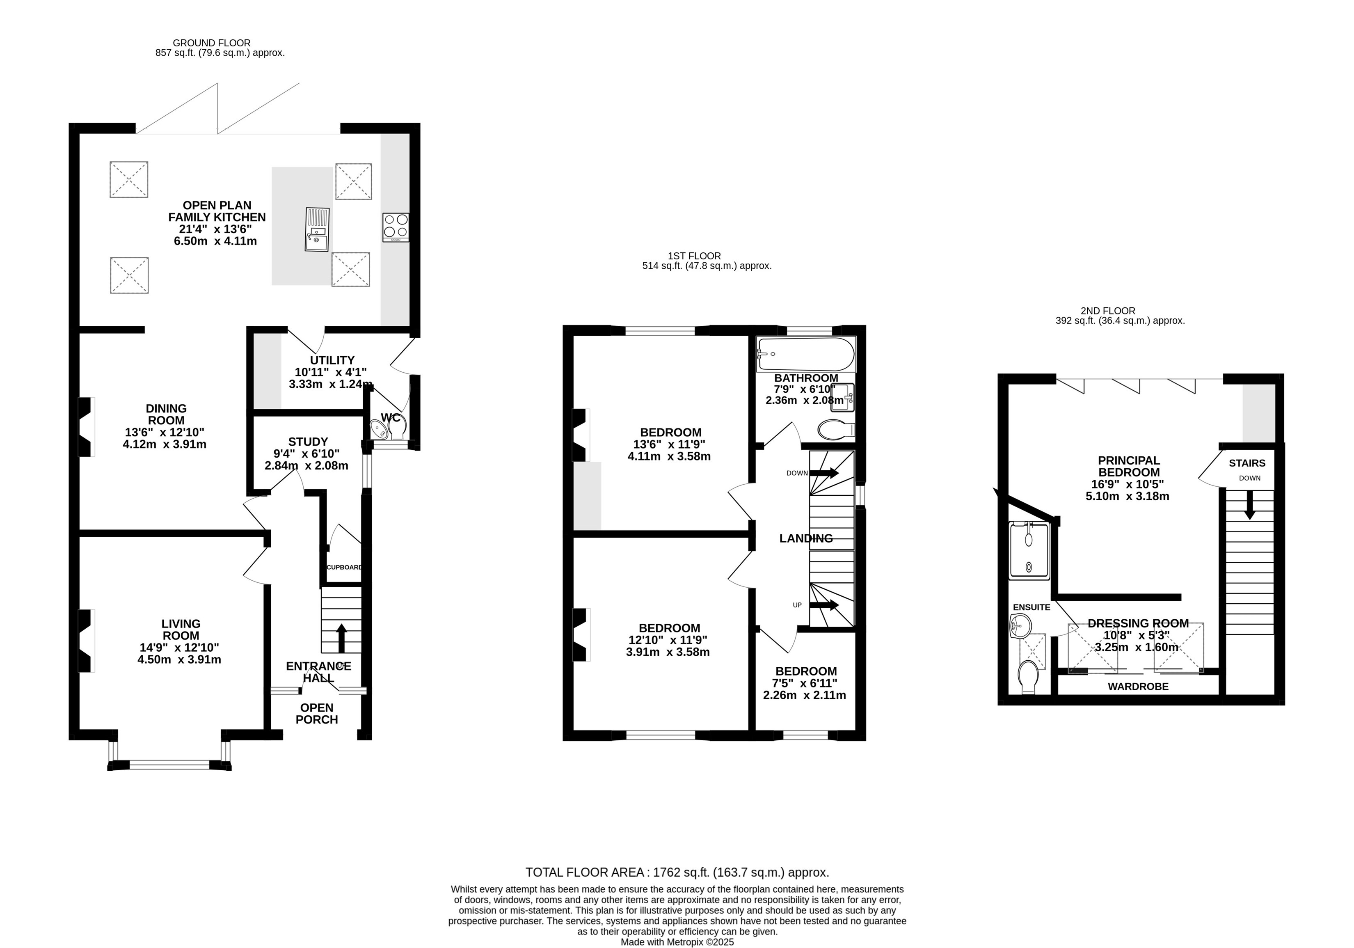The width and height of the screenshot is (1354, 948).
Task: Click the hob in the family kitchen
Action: click(396, 227)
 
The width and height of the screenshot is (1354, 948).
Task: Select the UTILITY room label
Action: click(333, 360)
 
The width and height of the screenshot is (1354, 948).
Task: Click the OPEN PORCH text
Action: click(317, 714)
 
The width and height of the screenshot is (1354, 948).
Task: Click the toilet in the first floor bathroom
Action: click(837, 429)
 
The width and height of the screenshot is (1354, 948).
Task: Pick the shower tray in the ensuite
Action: click(1029, 550)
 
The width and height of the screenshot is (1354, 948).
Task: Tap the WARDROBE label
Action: click(1138, 687)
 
